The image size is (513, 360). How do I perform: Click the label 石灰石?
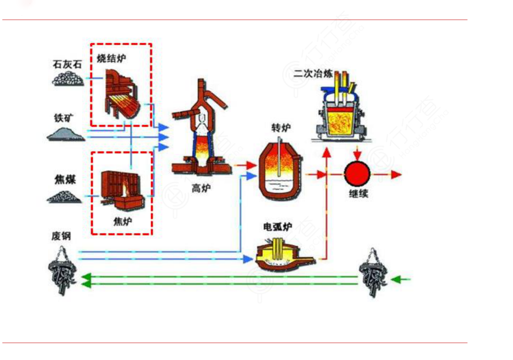pyautogui.click(x=67, y=64)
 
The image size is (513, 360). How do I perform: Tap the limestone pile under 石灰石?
pyautogui.click(x=68, y=78)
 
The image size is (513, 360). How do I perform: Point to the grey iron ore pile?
pyautogui.click(x=66, y=133)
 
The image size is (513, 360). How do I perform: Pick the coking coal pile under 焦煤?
pyautogui.click(x=64, y=196)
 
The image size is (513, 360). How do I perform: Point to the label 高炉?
pyautogui.click(x=200, y=187)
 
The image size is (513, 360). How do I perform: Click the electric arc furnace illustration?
pyautogui.click(x=281, y=255)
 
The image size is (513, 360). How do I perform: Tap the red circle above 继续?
pyautogui.click(x=357, y=174)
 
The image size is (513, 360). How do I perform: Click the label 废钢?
pyautogui.click(x=61, y=236)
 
